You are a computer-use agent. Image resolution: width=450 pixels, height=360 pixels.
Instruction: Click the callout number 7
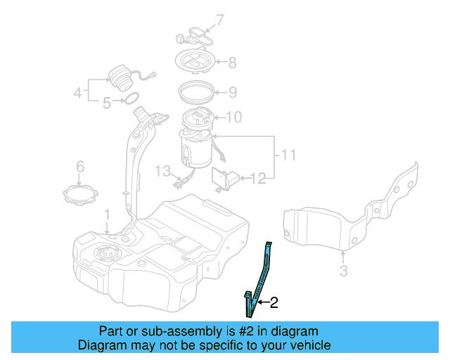[219, 20]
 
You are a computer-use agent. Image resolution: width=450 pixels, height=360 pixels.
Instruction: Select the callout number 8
[232, 63]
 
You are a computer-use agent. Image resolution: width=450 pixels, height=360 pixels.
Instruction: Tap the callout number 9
[232, 92]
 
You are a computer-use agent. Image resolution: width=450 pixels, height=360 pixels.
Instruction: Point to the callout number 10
[234, 117]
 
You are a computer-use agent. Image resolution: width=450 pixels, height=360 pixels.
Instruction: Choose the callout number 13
[163, 171]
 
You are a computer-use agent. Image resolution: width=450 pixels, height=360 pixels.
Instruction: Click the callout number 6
[80, 167]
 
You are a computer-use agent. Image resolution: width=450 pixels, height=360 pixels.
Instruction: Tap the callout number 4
[78, 91]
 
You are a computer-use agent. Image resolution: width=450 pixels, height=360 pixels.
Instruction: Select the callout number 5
[107, 103]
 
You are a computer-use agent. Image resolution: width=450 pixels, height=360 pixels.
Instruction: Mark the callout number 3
[343, 271]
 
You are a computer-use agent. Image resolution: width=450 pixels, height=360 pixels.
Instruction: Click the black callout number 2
[274, 303]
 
